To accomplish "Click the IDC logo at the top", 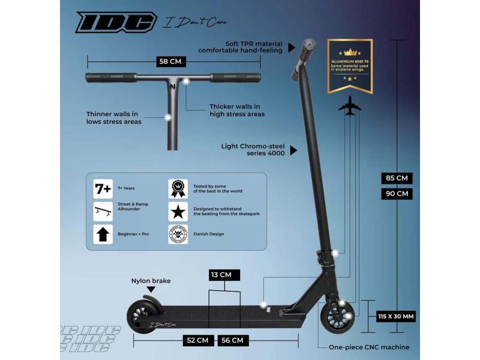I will point(116,22).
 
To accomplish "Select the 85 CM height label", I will point(397,178).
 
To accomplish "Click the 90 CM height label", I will point(397,194).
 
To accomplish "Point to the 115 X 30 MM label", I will point(396,316).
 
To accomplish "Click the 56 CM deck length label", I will point(232,340).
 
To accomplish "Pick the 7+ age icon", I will point(103,188).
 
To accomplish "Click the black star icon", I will point(178,212).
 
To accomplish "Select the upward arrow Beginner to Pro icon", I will point(103,234).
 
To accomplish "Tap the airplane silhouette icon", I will point(350,105).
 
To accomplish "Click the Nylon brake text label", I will point(151,281).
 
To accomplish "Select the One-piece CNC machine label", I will point(369,347).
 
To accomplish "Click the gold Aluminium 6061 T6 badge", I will point(350,66).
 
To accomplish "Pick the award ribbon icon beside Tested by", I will point(178,188).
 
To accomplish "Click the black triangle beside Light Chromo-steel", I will point(293,150).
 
